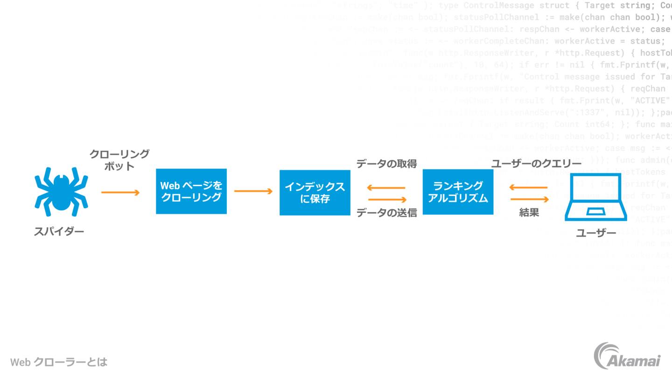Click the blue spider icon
[x=61, y=191]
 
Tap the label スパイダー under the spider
[x=59, y=231]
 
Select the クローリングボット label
[x=119, y=160]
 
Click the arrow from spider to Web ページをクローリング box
[x=120, y=192]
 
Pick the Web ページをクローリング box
[x=191, y=191]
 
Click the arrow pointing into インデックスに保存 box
[x=253, y=191]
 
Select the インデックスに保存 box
[x=315, y=192]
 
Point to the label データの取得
[x=386, y=164]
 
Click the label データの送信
[x=386, y=213]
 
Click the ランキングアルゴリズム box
[x=458, y=192]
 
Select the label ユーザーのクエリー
[x=536, y=164]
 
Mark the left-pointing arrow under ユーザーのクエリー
[x=528, y=188]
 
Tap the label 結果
[x=529, y=213]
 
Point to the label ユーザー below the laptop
[x=596, y=233]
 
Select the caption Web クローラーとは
[x=59, y=362]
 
